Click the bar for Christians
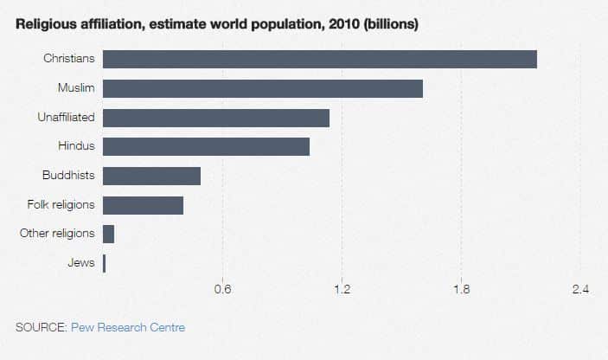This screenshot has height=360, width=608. click(319, 59)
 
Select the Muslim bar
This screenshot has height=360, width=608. click(262, 88)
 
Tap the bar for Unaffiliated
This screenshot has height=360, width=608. click(215, 118)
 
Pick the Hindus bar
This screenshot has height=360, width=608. click(206, 146)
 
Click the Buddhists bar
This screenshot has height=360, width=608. click(151, 176)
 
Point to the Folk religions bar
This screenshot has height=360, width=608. click(143, 205)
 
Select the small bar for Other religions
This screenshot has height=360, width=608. click(108, 234)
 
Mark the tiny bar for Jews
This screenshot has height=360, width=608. click(104, 263)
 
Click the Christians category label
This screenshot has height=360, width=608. click(68, 59)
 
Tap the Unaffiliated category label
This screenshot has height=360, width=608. click(66, 117)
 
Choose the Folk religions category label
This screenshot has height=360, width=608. click(61, 205)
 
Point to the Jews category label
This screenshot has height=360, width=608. click(80, 263)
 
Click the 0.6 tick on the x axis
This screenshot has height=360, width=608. click(222, 289)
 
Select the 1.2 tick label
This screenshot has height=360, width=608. click(342, 289)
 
